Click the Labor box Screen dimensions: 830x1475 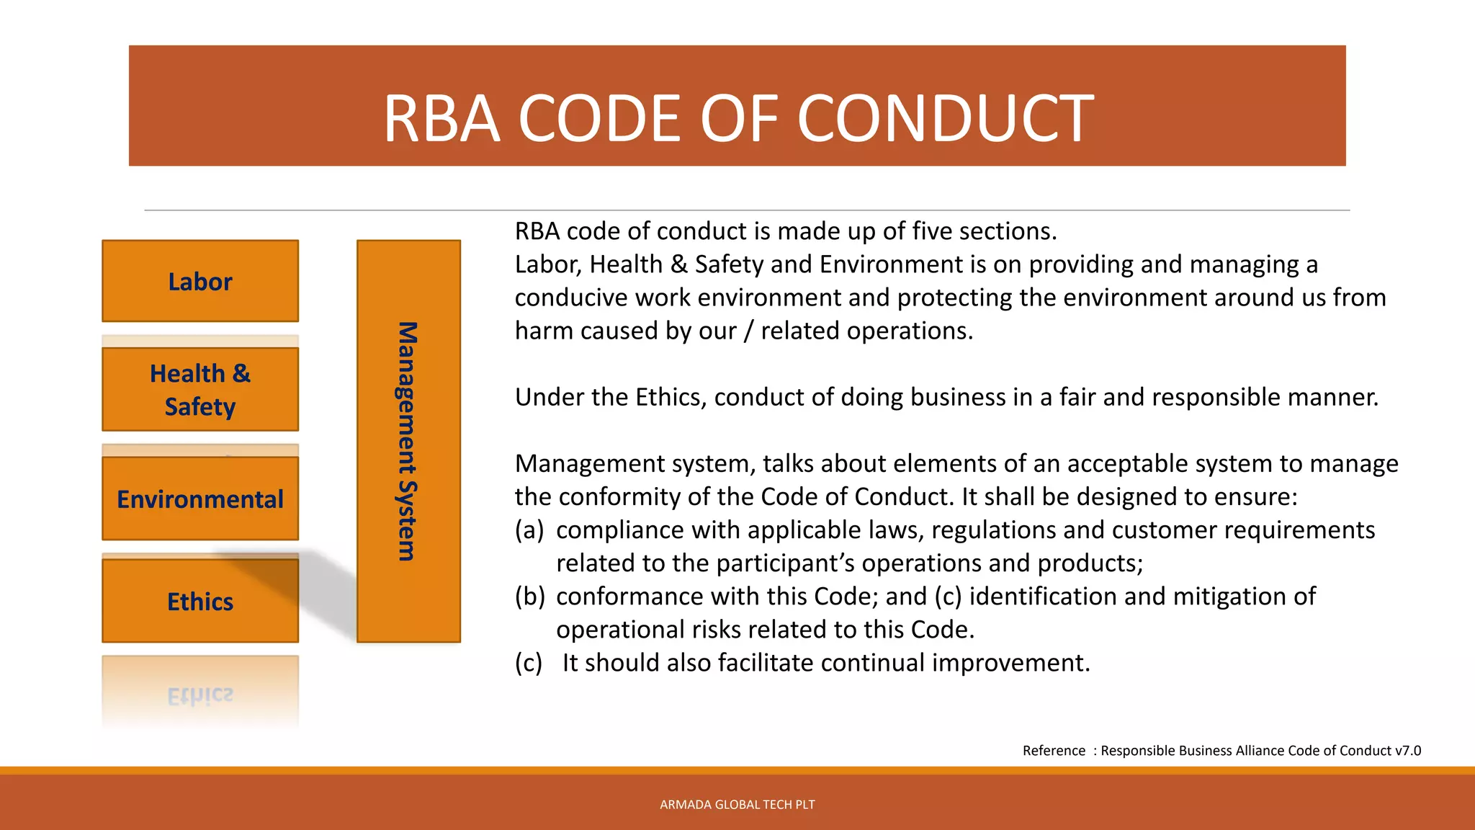tap(200, 281)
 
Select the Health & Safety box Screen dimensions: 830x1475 tap(200, 390)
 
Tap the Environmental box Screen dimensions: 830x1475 tap(200, 499)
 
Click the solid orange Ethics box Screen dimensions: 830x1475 tap(200, 601)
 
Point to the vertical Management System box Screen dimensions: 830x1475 tap(408, 441)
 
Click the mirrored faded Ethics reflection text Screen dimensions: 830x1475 tap(200, 696)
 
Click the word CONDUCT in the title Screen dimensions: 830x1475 tap(945, 119)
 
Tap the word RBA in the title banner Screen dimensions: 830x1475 tap(441, 119)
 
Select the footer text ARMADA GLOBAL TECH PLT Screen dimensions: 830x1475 tap(737, 805)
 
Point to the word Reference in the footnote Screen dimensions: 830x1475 tap(1054, 751)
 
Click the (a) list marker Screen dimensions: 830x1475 tap(529, 530)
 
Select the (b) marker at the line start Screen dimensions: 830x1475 tap(529, 597)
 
